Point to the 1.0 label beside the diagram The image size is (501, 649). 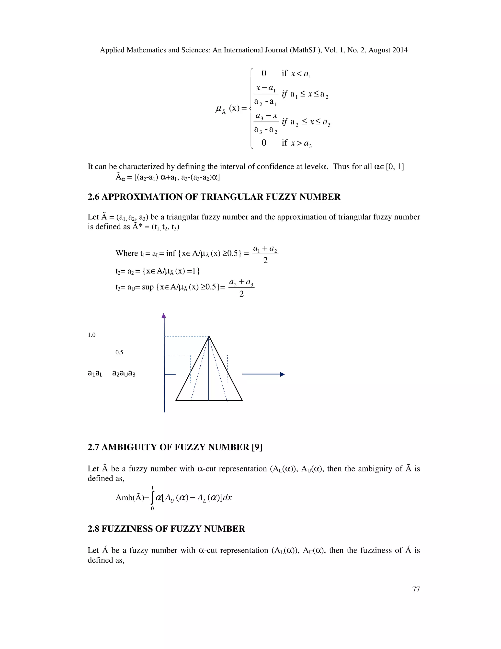point(92,335)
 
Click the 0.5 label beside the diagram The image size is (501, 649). point(119,352)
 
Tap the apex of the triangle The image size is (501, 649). point(209,337)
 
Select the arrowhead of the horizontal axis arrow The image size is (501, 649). point(282,374)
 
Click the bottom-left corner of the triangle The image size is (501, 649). point(176,400)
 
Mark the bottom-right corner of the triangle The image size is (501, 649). point(242,400)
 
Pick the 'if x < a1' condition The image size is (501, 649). point(296,73)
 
